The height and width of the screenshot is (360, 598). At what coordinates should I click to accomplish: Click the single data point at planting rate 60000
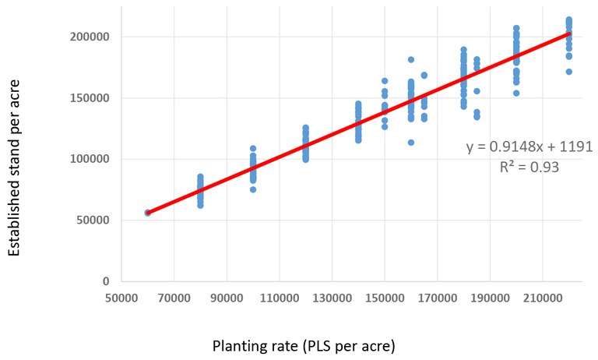pos(148,213)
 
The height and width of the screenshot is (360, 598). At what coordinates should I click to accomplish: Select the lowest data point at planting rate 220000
pos(568,72)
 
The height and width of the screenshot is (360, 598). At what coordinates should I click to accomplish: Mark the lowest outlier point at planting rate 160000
pos(410,143)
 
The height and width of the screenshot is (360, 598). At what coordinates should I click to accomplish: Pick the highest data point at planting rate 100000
pos(253,148)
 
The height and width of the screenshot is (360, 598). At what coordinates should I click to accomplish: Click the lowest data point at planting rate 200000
pos(516,93)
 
